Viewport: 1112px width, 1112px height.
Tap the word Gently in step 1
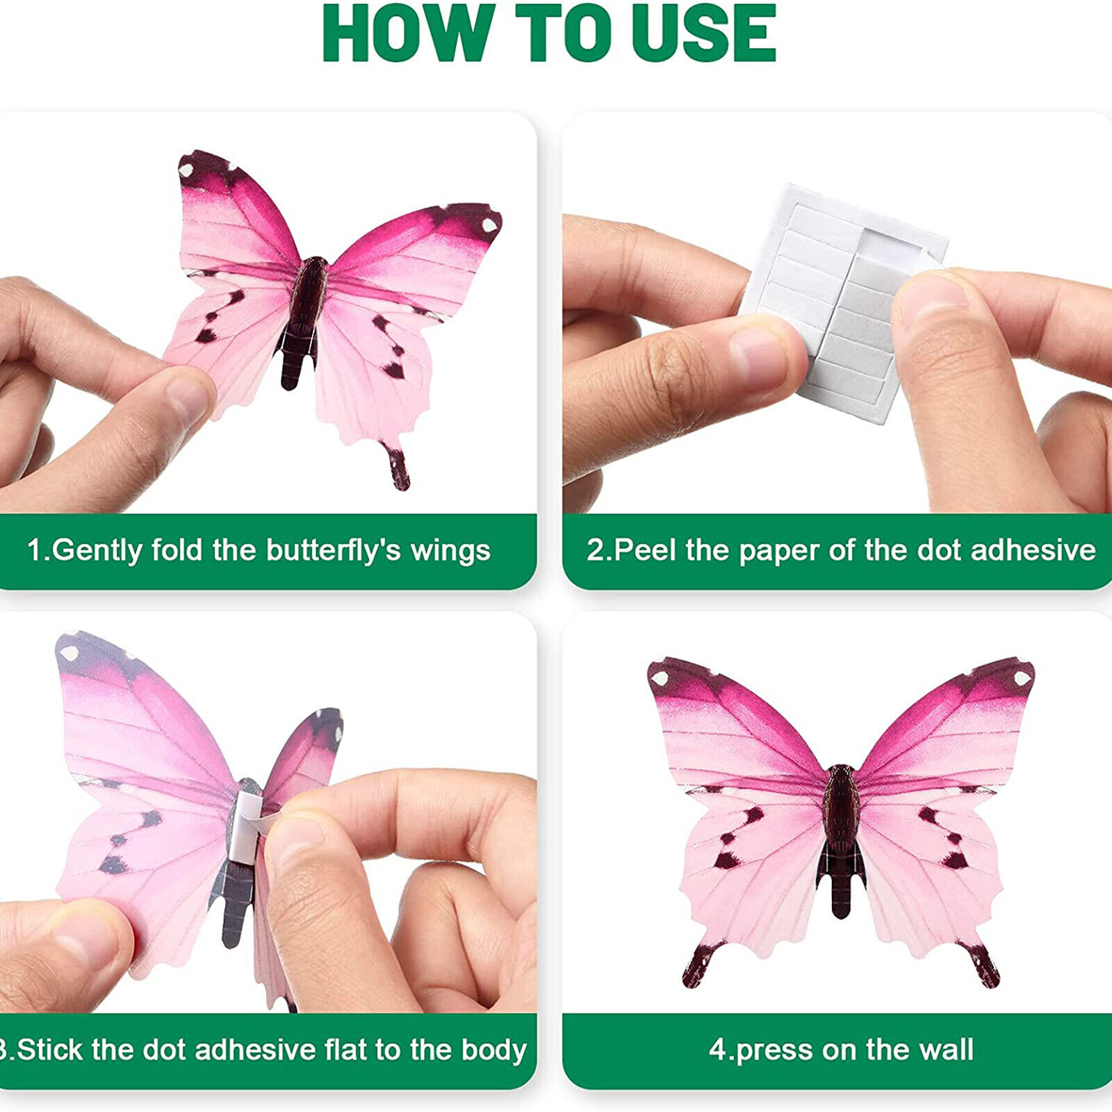pos(97,551)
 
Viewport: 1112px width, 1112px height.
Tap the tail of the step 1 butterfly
pos(397,466)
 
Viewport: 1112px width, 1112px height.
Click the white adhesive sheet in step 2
pos(841,299)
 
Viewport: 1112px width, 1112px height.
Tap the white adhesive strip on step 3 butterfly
pos(245,827)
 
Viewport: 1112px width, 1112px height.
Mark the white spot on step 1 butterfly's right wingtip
pos(489,224)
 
